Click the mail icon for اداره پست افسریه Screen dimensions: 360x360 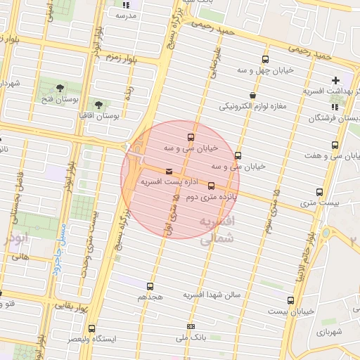coord(169,172)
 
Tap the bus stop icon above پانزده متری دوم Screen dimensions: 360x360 coord(212,186)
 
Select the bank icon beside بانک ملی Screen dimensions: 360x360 coord(191,326)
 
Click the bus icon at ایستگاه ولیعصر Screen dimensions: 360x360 coord(92,328)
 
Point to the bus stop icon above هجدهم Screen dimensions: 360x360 coord(150,286)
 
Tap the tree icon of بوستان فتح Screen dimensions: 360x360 coord(60,87)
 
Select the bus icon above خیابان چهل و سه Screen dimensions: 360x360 coord(265,60)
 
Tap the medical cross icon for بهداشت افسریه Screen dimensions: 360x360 coord(335,80)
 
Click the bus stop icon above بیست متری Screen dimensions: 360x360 coord(320,192)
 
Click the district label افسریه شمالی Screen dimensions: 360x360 coord(217,231)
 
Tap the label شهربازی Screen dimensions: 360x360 coord(328,331)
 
